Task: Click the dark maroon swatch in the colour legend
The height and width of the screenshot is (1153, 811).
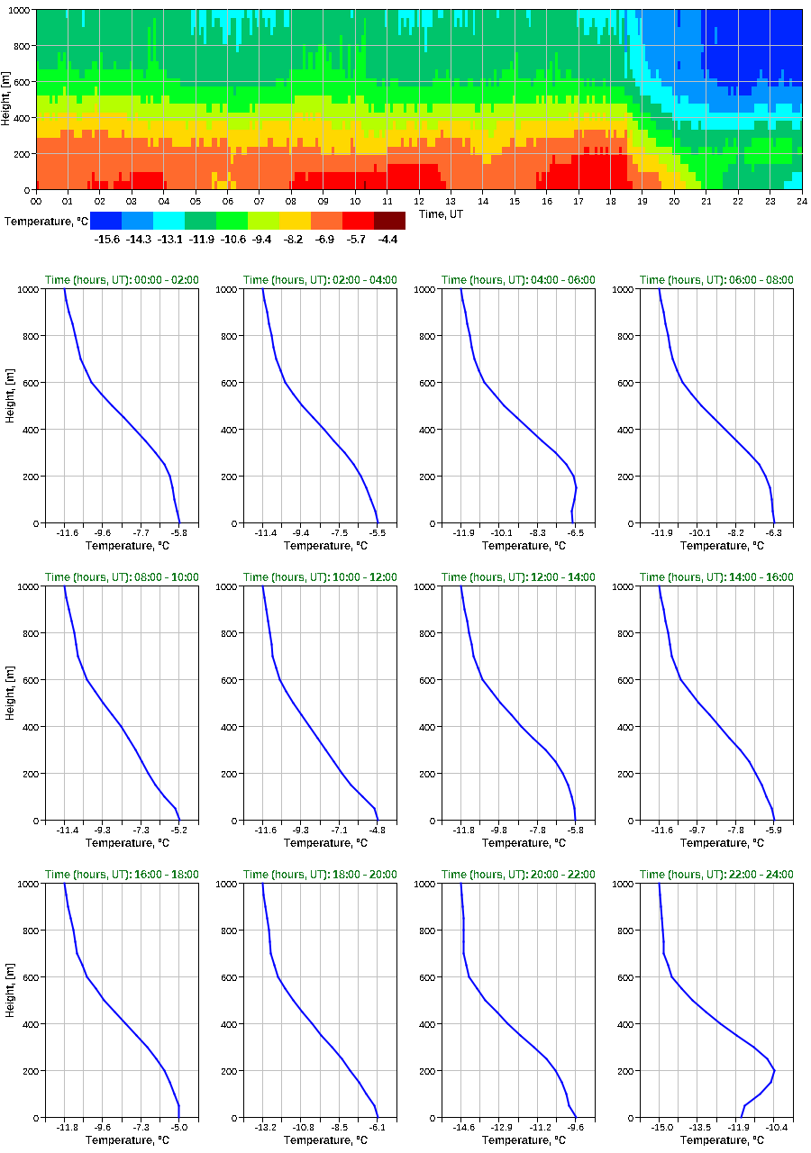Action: (389, 221)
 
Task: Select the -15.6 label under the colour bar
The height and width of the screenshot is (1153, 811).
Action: (106, 240)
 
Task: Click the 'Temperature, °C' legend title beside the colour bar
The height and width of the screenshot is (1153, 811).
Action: (42, 221)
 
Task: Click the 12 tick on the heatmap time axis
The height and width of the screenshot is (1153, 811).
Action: (419, 201)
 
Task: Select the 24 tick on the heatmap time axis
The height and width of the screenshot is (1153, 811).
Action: (801, 201)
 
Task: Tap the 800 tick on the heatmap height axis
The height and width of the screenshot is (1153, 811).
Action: (21, 46)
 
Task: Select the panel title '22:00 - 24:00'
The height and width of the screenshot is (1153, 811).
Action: (716, 875)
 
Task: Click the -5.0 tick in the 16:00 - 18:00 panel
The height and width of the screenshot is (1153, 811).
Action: (178, 1127)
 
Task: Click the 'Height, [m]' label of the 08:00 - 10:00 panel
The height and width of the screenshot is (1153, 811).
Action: (10, 704)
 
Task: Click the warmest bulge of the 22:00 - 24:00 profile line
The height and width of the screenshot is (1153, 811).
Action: (773, 1072)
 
